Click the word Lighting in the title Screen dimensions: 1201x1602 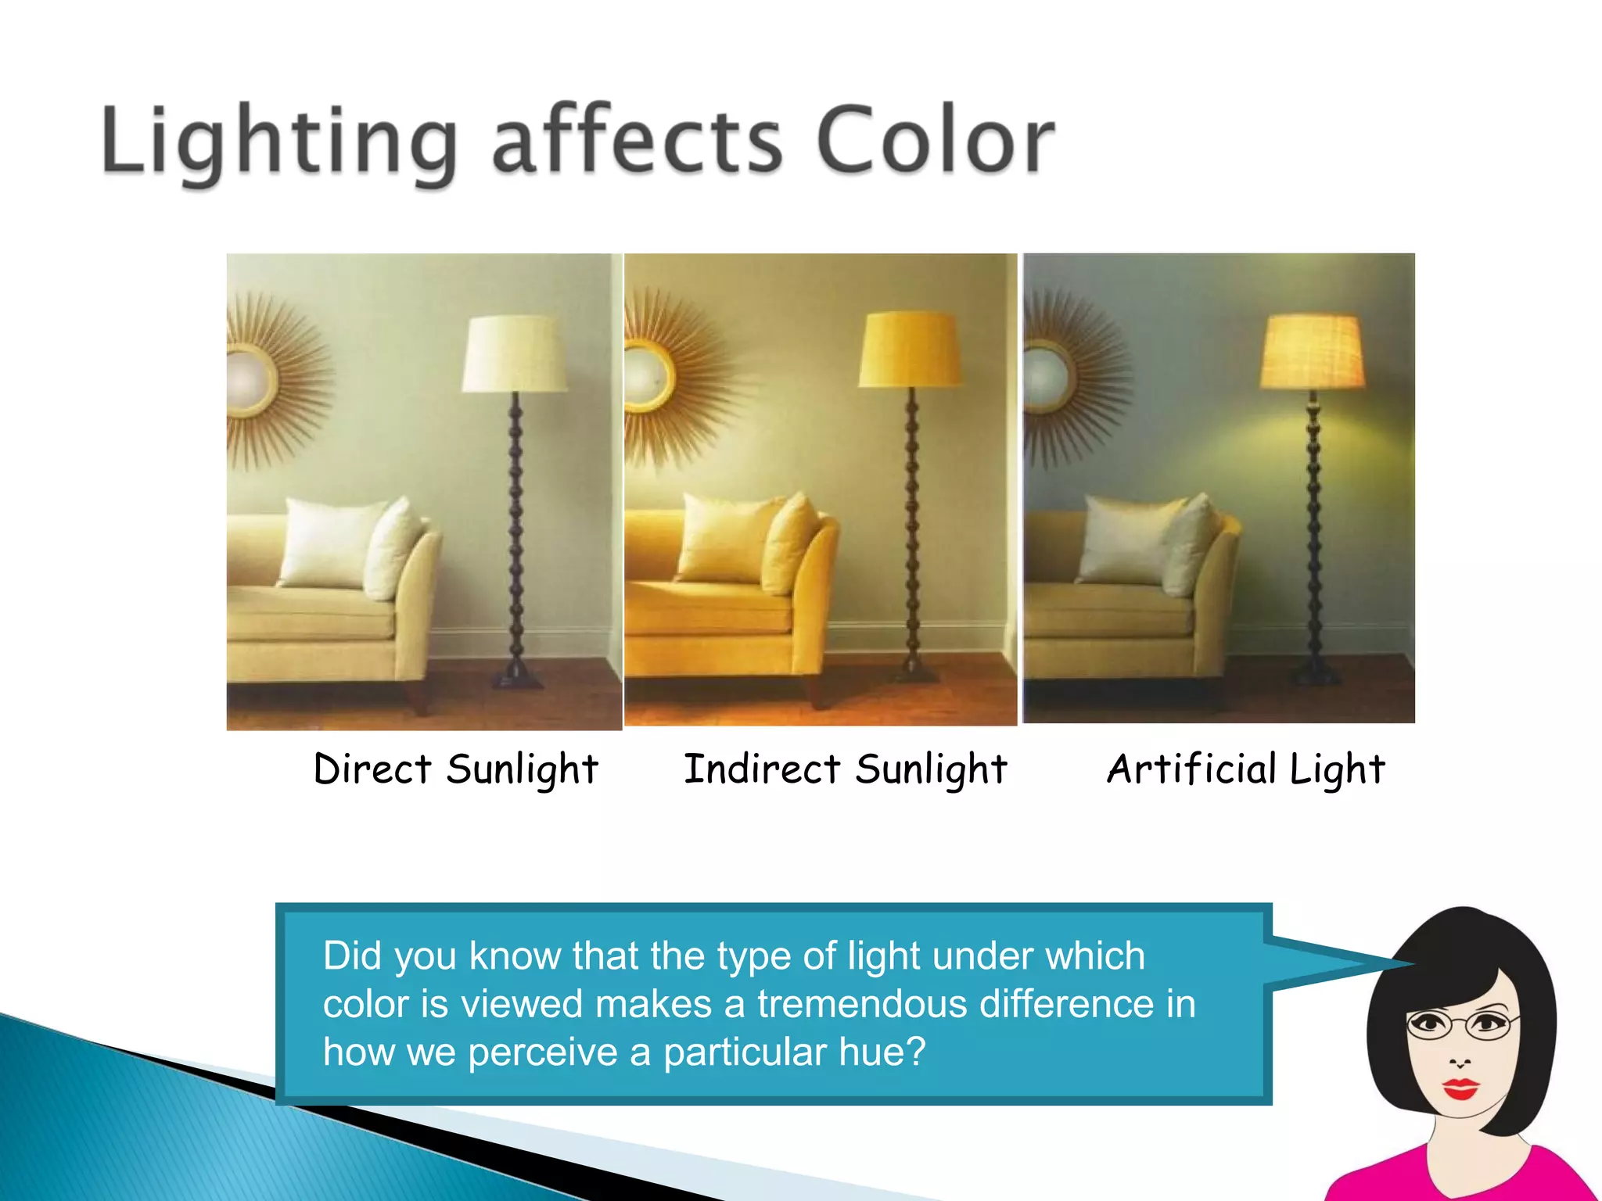coord(278,142)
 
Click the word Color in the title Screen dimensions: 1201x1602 coord(935,142)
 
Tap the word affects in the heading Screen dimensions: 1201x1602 coord(637,142)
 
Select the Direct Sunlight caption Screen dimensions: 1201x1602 coord(455,769)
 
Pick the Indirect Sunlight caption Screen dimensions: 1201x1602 coord(845,769)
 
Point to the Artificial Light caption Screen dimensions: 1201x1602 coord(1245,769)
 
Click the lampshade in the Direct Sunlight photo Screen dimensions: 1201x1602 coord(515,353)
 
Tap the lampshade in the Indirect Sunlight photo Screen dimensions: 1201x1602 coord(910,350)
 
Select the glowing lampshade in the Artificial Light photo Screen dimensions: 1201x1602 coord(1313,351)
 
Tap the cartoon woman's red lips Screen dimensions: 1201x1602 coord(1460,1088)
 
